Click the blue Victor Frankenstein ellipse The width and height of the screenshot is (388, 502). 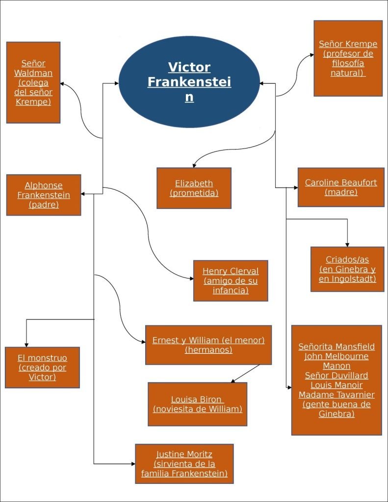click(189, 82)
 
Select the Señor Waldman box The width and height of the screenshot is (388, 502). click(33, 82)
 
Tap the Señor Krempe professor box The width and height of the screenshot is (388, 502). click(348, 58)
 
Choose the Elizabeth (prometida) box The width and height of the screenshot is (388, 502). click(194, 188)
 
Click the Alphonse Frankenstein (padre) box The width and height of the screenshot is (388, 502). click(44, 195)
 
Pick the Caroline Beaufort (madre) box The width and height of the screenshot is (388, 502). click(341, 187)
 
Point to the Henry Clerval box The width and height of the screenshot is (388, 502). click(231, 280)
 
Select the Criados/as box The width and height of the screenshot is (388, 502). click(347, 269)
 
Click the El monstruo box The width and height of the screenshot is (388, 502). click(42, 367)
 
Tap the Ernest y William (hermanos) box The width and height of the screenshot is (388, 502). click(208, 345)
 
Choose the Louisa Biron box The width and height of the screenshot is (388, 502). click(197, 404)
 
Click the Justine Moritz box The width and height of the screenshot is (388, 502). click(184, 464)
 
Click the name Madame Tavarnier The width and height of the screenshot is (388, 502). click(336, 395)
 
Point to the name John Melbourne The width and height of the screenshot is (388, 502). click(336, 356)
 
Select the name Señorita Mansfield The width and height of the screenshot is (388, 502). click(336, 347)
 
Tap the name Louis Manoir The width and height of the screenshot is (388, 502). click(336, 385)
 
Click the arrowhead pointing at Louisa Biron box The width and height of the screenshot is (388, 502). click(233, 380)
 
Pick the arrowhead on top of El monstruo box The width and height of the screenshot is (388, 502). click(26, 344)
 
